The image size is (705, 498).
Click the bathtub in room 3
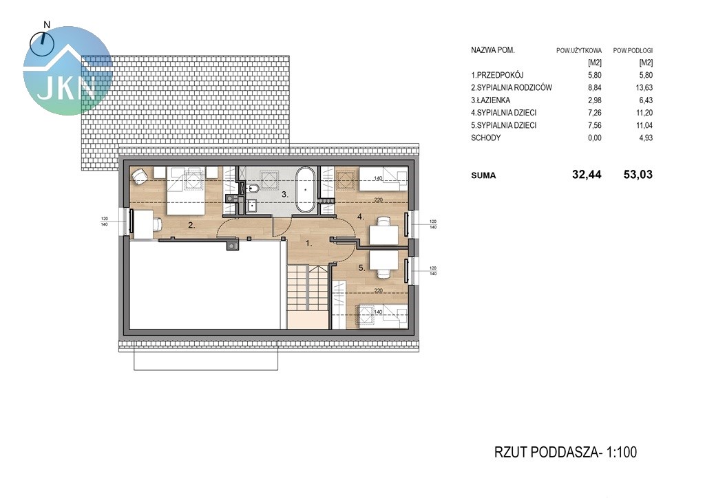(306, 190)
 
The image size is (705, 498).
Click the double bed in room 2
(186, 190)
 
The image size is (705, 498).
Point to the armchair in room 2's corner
(140, 175)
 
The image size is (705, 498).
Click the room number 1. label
(308, 243)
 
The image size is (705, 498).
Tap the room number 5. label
(361, 268)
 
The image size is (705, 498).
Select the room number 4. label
(361, 217)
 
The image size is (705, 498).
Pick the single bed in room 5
(383, 316)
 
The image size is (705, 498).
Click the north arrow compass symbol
(42, 43)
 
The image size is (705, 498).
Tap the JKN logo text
(67, 88)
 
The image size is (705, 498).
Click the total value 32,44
(587, 175)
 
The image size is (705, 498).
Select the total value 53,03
(638, 175)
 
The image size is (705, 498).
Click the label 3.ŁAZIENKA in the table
(490, 100)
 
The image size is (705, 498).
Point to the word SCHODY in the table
(485, 138)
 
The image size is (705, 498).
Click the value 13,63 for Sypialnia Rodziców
(644, 87)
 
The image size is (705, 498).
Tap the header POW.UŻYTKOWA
(578, 51)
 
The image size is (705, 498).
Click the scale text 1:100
(622, 452)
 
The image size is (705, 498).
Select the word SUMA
(483, 175)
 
